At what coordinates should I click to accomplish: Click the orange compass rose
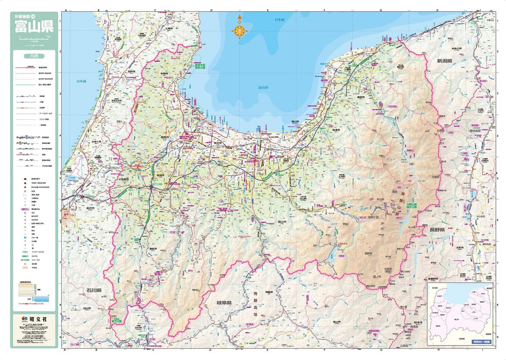point(240,30)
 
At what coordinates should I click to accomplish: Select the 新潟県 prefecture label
point(444,61)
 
